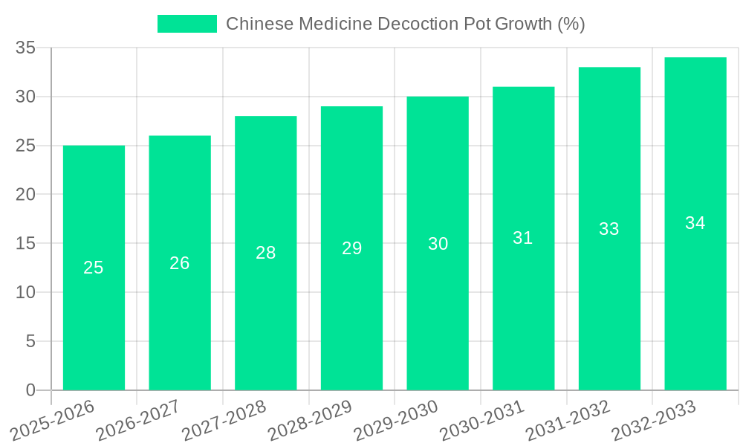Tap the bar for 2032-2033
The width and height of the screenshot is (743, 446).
point(695,297)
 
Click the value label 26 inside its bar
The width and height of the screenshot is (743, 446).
point(180,263)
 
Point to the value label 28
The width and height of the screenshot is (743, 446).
point(266,253)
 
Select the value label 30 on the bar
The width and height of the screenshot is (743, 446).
point(438,244)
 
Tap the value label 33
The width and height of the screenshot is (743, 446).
point(609,229)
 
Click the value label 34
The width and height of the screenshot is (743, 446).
point(695,223)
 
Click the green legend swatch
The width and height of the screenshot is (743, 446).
point(187,24)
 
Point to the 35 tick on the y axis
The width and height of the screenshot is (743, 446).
point(26,48)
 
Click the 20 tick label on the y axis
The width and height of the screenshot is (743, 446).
point(26,195)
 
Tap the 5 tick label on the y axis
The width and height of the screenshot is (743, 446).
point(30,341)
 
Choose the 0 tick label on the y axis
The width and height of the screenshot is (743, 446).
point(30,390)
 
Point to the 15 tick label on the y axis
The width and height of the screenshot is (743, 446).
point(26,244)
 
